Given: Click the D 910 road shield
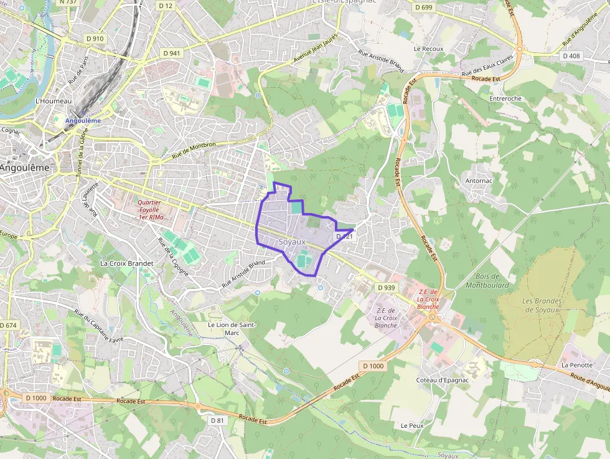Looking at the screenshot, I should (x=95, y=38).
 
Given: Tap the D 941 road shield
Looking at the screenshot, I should (x=170, y=53).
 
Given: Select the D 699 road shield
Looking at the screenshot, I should (x=423, y=7).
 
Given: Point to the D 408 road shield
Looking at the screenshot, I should (x=571, y=55).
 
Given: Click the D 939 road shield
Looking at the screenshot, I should (x=386, y=288).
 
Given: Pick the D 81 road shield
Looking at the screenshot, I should (x=217, y=420).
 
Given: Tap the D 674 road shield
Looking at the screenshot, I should (x=9, y=325).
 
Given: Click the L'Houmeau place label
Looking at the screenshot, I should (x=54, y=101).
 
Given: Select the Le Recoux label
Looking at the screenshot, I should (x=428, y=49).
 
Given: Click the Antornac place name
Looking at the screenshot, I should (x=479, y=181).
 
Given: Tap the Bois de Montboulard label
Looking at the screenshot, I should (x=487, y=281).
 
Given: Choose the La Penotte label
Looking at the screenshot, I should (x=576, y=364).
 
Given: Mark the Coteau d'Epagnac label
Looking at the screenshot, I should (x=442, y=380).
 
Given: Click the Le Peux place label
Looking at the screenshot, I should (x=412, y=425).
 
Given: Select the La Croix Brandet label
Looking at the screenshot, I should (x=126, y=263).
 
